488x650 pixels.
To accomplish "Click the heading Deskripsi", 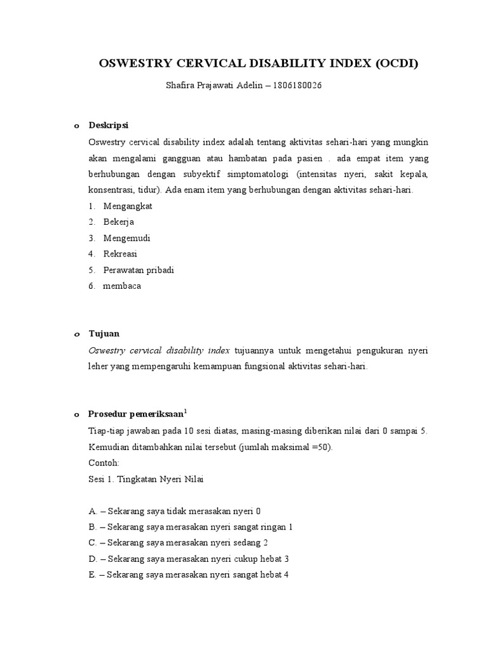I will coord(108,125).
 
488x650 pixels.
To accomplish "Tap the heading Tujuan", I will coord(104,333).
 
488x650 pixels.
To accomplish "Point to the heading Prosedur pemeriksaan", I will coord(136,414).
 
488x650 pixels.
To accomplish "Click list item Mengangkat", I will coord(128,206).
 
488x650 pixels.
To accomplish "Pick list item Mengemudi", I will coord(126,238).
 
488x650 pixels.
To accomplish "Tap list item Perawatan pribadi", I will coord(139,270).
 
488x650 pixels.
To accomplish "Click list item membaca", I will coord(122,286).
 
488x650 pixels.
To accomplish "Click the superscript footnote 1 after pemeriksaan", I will coord(185,411).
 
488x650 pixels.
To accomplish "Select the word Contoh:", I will coord(104,463).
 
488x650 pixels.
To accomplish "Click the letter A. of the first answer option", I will coord(93,511).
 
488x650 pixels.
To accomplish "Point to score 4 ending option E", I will coord(287,574).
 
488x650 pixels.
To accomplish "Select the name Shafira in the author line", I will coord(180,86).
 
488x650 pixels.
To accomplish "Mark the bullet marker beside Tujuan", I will coord(76,334).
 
